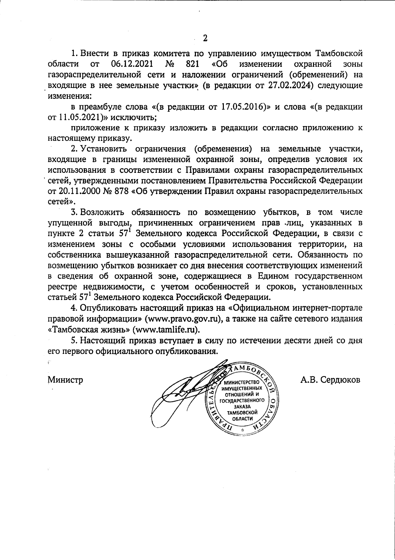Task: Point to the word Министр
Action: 65,380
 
